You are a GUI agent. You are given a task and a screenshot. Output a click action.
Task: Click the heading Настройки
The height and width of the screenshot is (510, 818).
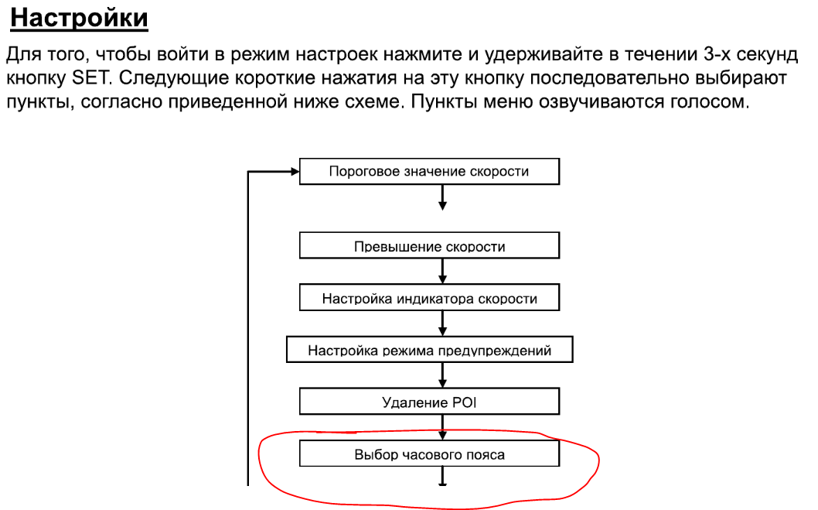80,19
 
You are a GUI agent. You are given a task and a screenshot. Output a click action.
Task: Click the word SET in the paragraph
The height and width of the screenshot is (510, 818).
90,78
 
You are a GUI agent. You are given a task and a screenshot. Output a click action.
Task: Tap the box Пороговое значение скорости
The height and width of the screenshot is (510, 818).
429,171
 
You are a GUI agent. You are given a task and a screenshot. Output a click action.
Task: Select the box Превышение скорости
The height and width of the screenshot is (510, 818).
429,245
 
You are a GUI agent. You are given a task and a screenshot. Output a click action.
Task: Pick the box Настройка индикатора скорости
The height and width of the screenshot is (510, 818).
429,297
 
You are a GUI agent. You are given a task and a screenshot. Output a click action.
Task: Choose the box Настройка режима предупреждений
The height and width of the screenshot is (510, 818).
429,349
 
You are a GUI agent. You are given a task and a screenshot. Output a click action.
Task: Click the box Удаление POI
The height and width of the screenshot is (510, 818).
429,402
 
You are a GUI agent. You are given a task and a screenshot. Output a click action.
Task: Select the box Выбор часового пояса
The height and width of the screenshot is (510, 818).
429,453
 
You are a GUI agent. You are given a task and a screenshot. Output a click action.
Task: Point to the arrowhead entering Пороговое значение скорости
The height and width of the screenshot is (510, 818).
295,171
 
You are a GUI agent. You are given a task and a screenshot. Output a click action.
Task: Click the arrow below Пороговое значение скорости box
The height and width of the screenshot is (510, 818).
442,197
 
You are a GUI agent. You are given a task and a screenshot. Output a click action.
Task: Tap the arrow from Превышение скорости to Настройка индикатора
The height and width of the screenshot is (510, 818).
442,272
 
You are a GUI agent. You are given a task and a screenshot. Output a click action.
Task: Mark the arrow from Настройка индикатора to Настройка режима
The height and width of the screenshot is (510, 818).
442,323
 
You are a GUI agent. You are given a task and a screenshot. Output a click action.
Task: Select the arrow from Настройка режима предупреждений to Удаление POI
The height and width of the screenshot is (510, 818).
442,375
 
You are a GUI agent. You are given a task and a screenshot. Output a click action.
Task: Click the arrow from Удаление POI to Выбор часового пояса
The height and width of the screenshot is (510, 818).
442,427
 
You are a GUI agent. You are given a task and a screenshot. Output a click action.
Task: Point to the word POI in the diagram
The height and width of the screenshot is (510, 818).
465,402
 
